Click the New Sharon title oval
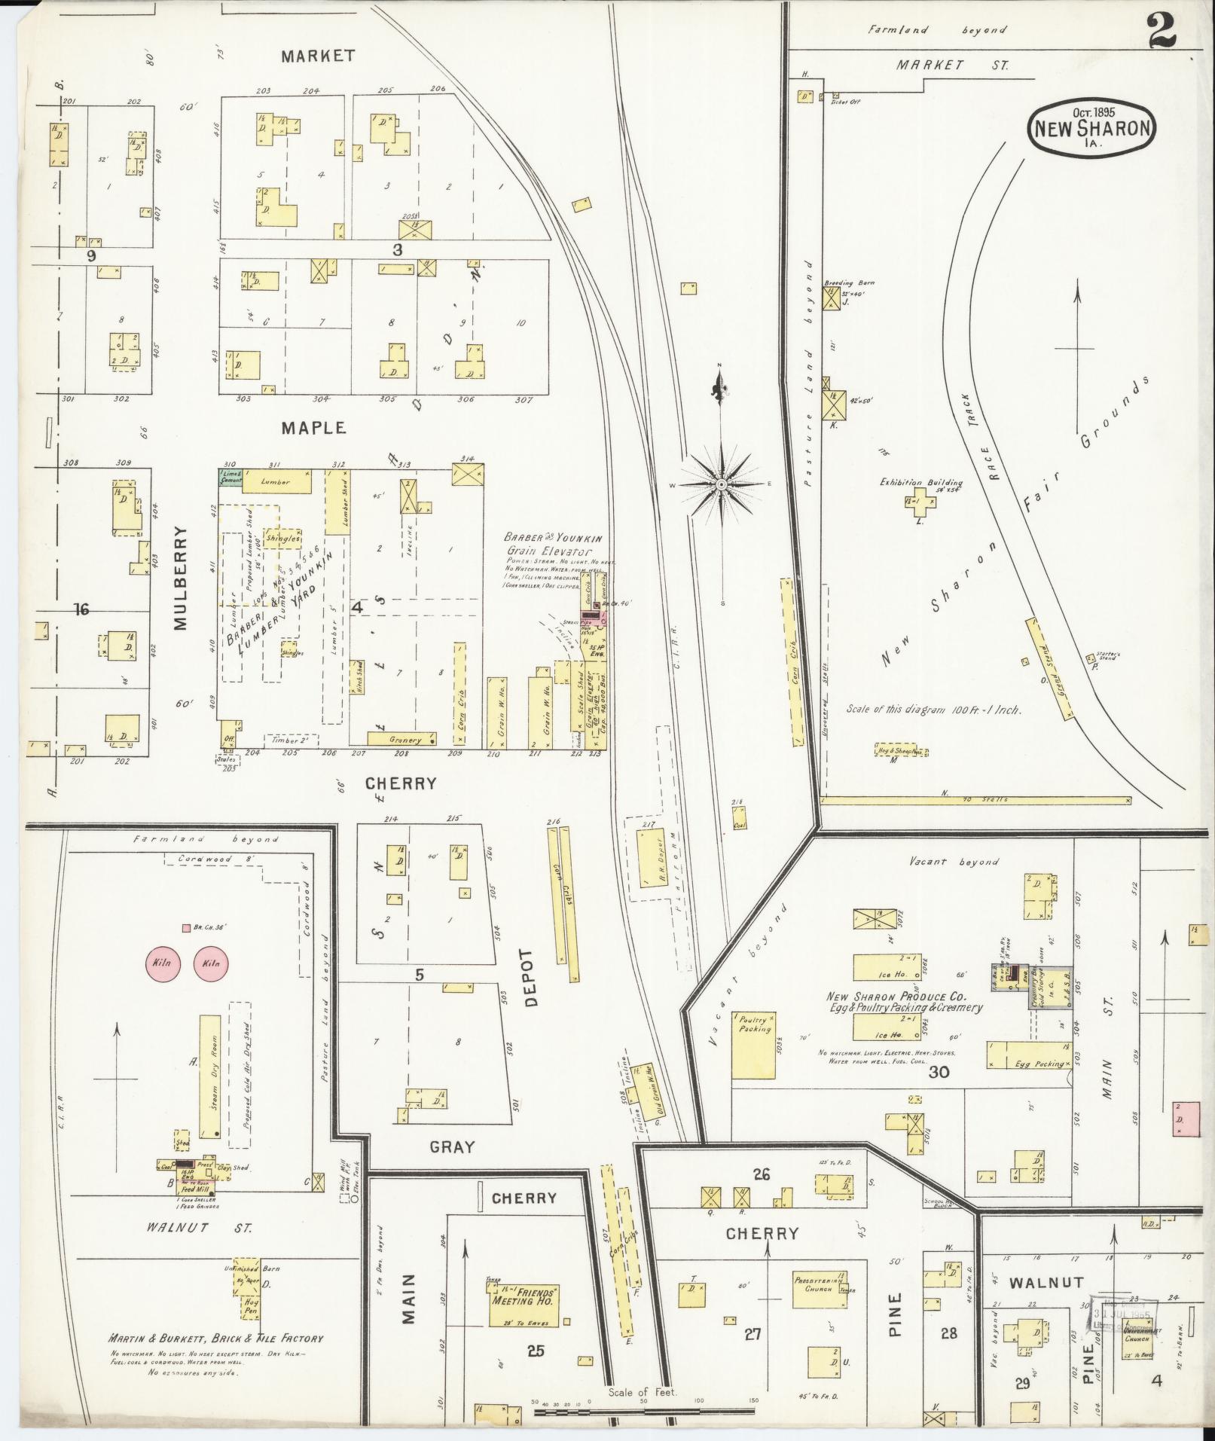1091,128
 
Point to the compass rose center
721,484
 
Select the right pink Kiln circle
211,963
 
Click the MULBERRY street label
181,577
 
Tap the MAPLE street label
314,428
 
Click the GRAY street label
452,1146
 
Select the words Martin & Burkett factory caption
215,1339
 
